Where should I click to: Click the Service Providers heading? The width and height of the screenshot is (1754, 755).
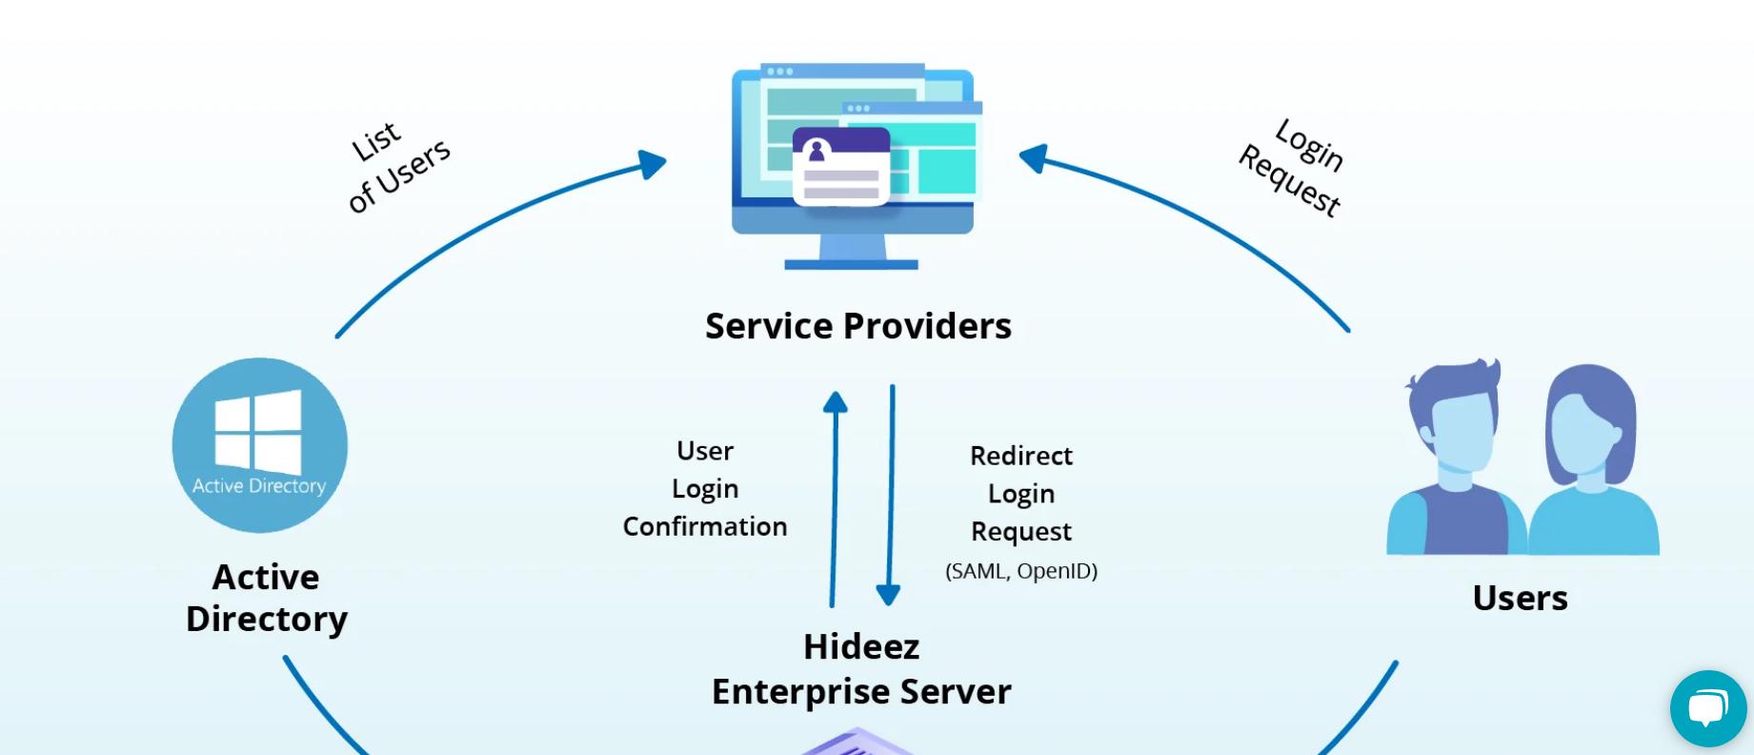(x=857, y=326)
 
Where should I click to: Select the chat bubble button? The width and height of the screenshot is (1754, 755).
(x=1707, y=708)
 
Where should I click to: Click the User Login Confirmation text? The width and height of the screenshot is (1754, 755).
(x=705, y=488)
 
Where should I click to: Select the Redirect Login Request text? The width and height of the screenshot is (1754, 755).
(x=1021, y=494)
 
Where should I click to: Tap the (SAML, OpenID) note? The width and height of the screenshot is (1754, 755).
(x=1021, y=571)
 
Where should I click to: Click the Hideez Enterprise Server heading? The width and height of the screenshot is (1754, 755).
(x=861, y=669)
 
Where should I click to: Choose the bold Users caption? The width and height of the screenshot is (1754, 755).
(x=1520, y=598)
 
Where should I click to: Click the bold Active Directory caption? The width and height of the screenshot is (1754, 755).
(x=267, y=598)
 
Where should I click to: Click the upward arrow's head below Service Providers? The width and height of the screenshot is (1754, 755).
(x=836, y=402)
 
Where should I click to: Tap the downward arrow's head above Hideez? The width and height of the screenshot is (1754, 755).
(x=888, y=595)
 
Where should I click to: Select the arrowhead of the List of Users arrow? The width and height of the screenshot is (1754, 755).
(x=653, y=163)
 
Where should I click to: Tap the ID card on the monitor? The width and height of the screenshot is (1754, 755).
(x=841, y=166)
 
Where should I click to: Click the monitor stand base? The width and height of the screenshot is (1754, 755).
(x=851, y=264)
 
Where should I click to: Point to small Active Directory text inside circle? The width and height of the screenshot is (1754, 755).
(x=259, y=486)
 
